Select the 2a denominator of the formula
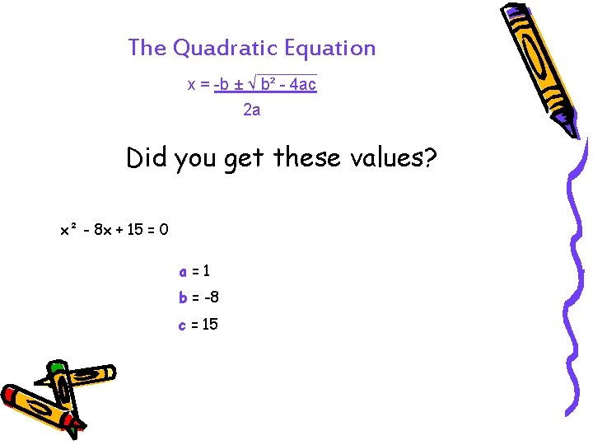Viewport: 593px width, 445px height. pyautogui.click(x=252, y=109)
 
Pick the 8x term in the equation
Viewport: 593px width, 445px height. pyautogui.click(x=102, y=230)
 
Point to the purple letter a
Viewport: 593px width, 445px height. pyautogui.click(x=183, y=270)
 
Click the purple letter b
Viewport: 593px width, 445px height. pyautogui.click(x=183, y=297)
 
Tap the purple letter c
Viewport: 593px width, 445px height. pyautogui.click(x=183, y=325)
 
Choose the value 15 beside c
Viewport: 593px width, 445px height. pyautogui.click(x=209, y=325)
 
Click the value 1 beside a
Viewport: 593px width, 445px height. pyautogui.click(x=206, y=270)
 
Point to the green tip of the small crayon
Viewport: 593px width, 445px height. pyautogui.click(x=56, y=368)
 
